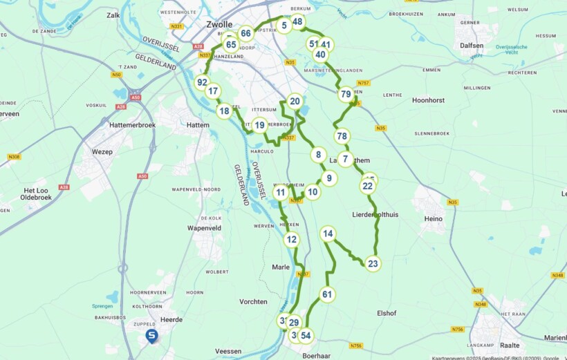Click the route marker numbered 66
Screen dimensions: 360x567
click(x=245, y=33)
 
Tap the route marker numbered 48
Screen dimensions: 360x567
click(x=297, y=21)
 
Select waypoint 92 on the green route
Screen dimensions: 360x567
click(x=202, y=82)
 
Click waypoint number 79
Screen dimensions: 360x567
click(x=346, y=94)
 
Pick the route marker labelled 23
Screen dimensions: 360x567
click(x=373, y=263)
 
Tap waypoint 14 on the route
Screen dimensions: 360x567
click(x=328, y=234)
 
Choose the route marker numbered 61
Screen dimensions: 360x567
click(x=327, y=294)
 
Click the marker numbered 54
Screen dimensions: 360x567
click(x=306, y=336)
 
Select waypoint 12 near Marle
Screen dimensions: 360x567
click(x=292, y=240)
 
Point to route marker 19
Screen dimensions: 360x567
click(x=259, y=125)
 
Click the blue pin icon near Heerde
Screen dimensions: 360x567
click(x=152, y=336)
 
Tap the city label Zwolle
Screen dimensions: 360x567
click(x=219, y=24)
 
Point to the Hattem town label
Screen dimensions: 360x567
click(x=198, y=125)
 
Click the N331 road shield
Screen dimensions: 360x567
click(x=177, y=26)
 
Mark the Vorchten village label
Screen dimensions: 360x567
click(x=253, y=302)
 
